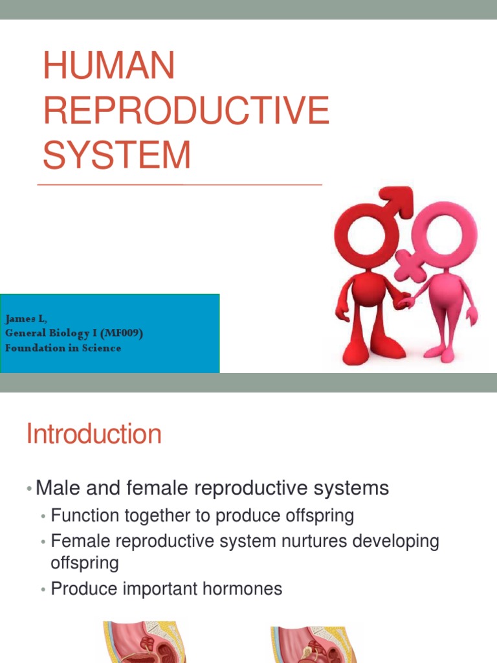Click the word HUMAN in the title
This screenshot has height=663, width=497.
click(x=109, y=66)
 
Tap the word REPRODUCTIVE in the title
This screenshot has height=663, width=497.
click(x=186, y=111)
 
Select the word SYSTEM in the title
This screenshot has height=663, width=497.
click(x=117, y=155)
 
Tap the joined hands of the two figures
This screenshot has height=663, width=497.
click(x=404, y=301)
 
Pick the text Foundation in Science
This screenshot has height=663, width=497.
click(x=63, y=348)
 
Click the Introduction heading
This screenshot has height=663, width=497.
click(x=94, y=434)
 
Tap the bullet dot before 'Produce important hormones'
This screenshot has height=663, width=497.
click(x=43, y=590)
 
